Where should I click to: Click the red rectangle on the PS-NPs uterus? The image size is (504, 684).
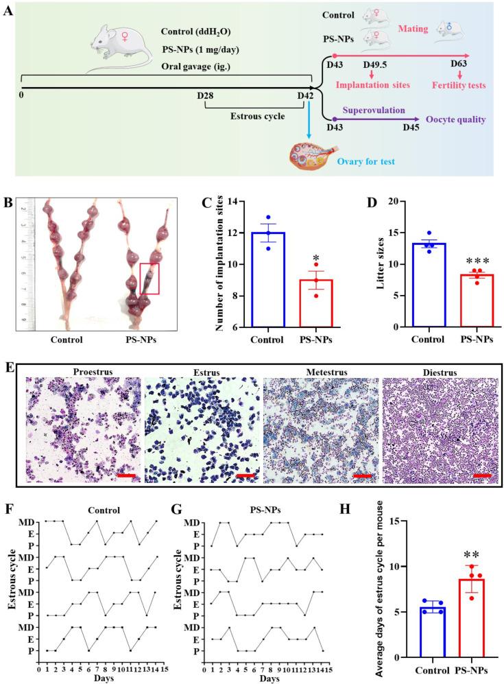point(149,279)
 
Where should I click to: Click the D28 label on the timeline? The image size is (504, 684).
point(205,94)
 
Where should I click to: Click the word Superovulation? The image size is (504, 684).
point(375,110)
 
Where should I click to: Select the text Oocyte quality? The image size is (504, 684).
point(455,119)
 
